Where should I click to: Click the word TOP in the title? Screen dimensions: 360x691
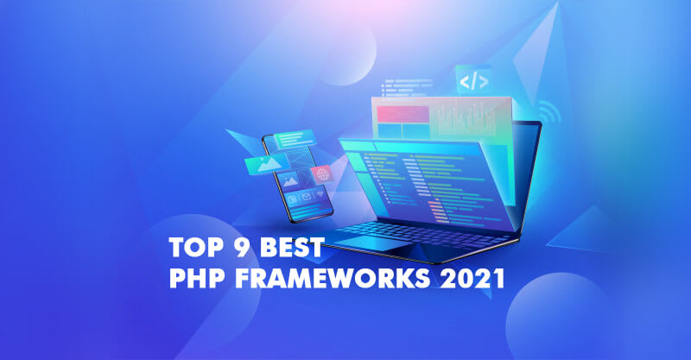pos(190,249)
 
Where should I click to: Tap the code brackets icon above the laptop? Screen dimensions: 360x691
pos(473,82)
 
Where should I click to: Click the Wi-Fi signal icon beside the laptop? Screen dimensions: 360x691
pos(547,113)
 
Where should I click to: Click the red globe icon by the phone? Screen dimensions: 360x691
pos(322,174)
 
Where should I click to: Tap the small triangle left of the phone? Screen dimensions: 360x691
pos(237,136)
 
